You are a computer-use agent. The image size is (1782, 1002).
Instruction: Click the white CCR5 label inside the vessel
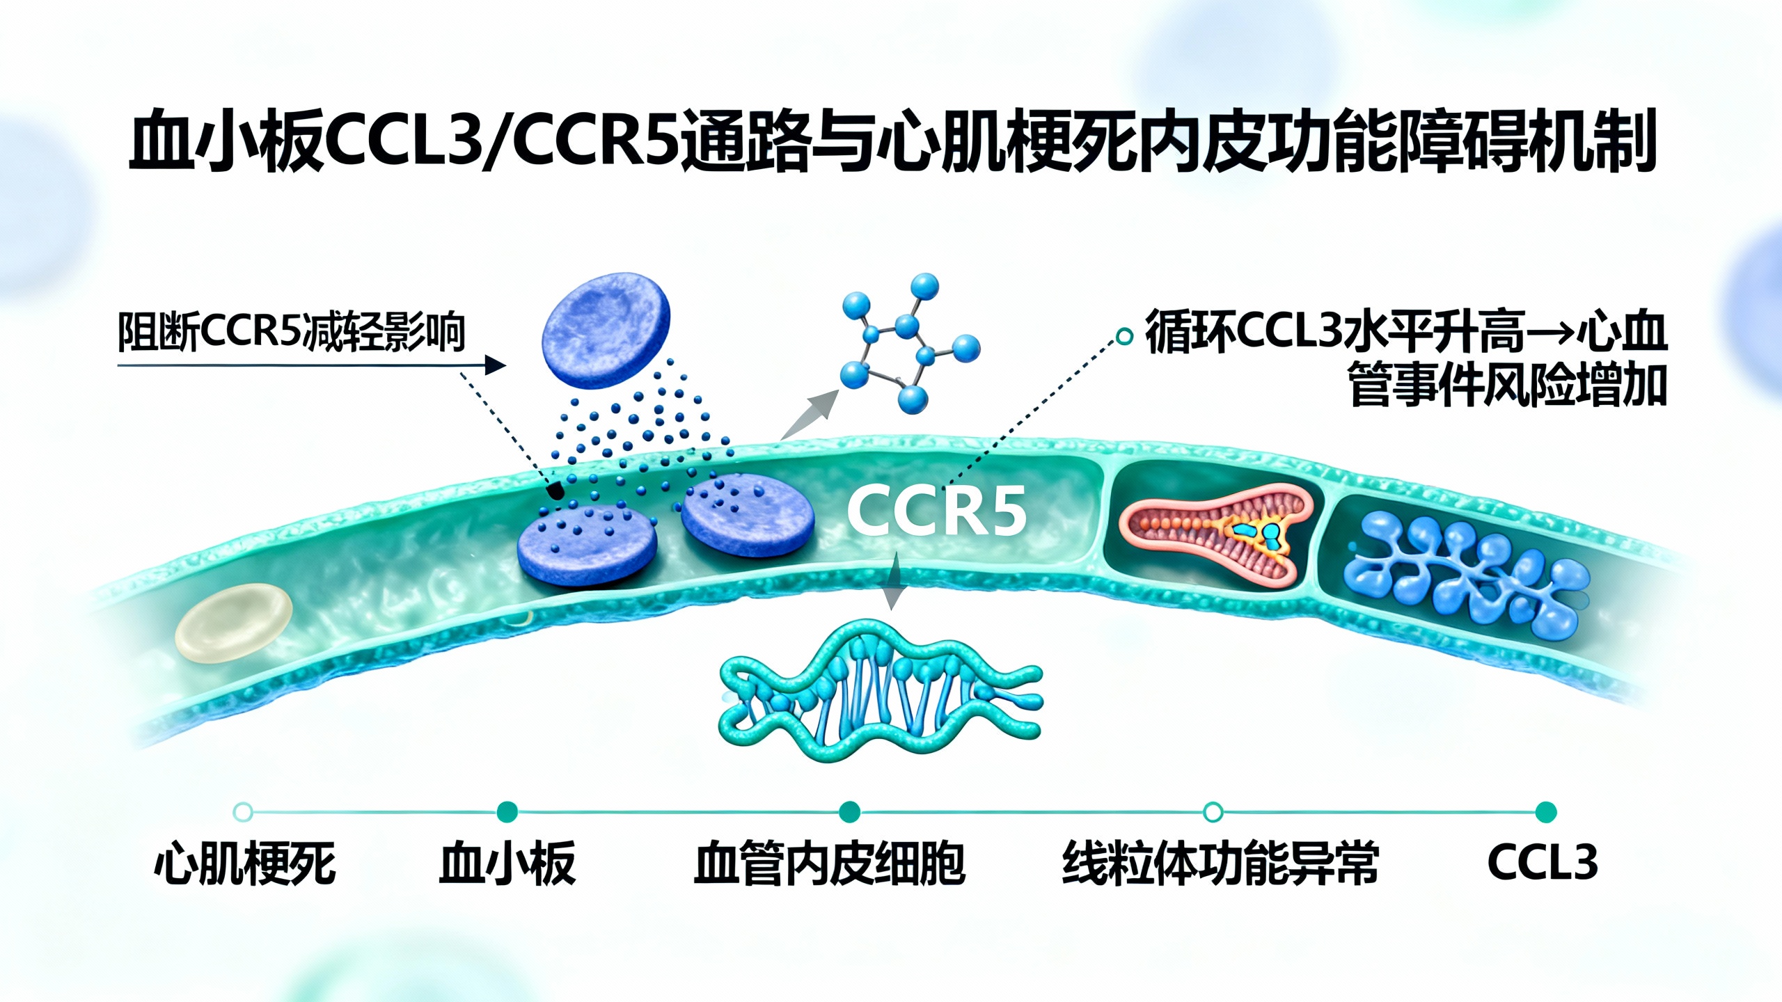(x=936, y=511)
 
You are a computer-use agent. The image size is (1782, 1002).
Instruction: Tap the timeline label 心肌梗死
(x=245, y=864)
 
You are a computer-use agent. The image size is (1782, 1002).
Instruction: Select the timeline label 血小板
(x=507, y=864)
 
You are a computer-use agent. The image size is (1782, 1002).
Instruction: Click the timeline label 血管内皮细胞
(x=829, y=864)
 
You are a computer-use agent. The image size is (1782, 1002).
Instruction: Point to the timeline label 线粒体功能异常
(x=1220, y=864)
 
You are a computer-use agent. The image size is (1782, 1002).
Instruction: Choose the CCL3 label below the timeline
(x=1542, y=863)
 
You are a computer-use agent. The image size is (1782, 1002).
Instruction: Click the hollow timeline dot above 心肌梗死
(x=243, y=812)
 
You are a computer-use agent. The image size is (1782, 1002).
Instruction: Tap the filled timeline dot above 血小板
(x=507, y=812)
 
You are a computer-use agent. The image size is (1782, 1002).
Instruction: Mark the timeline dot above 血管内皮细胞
(x=849, y=812)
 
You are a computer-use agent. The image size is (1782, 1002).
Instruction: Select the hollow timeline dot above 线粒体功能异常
(x=1213, y=812)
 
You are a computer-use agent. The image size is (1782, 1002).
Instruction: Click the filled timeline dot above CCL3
(x=1545, y=812)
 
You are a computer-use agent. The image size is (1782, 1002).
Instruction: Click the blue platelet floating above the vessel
(x=606, y=331)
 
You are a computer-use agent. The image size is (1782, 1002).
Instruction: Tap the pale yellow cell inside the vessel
(x=233, y=621)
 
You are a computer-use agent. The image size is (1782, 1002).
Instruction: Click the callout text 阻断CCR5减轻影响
(x=291, y=332)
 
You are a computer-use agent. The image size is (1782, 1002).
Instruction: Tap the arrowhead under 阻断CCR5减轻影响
(x=495, y=365)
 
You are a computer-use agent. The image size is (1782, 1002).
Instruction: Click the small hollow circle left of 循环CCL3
(x=1123, y=337)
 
